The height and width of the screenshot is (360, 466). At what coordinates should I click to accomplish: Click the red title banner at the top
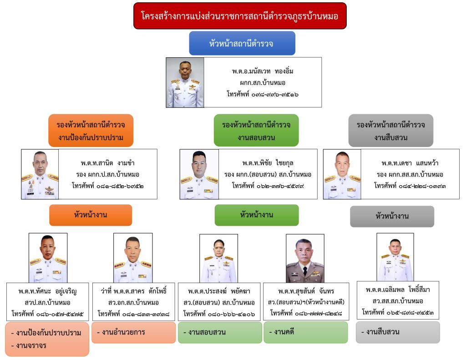(x=240, y=16)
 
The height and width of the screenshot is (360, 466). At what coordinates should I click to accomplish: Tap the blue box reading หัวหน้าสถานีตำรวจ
(x=242, y=43)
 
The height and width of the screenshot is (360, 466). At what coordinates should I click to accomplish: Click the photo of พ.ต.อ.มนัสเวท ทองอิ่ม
(x=185, y=82)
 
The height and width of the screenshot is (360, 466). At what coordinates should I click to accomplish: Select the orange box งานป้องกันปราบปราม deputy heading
(x=91, y=131)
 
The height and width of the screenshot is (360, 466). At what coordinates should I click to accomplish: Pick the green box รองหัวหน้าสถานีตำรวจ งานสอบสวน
(x=256, y=131)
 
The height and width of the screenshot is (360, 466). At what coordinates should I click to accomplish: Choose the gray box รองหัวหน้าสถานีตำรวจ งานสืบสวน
(x=391, y=131)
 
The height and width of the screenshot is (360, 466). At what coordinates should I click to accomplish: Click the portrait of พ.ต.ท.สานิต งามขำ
(x=40, y=174)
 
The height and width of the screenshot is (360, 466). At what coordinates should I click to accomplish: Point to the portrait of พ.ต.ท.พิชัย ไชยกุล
(x=199, y=174)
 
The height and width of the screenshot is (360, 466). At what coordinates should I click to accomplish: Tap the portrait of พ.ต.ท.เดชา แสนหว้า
(x=342, y=174)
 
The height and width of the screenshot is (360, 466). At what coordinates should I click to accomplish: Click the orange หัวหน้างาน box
(x=91, y=215)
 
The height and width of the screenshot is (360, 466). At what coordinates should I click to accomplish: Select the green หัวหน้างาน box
(x=257, y=215)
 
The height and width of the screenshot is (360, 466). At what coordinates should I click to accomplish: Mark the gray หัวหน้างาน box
(x=392, y=216)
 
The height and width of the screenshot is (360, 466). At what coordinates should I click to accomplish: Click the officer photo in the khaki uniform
(x=305, y=259)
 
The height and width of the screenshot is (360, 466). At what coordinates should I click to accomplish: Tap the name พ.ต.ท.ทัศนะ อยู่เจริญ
(x=48, y=291)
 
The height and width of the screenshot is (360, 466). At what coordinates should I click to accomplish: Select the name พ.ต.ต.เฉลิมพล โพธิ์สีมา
(x=397, y=289)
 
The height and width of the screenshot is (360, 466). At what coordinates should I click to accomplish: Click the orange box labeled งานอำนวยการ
(x=133, y=332)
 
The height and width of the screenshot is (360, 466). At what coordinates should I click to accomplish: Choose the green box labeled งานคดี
(x=305, y=332)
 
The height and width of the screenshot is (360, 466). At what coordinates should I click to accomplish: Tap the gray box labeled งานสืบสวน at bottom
(x=398, y=332)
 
